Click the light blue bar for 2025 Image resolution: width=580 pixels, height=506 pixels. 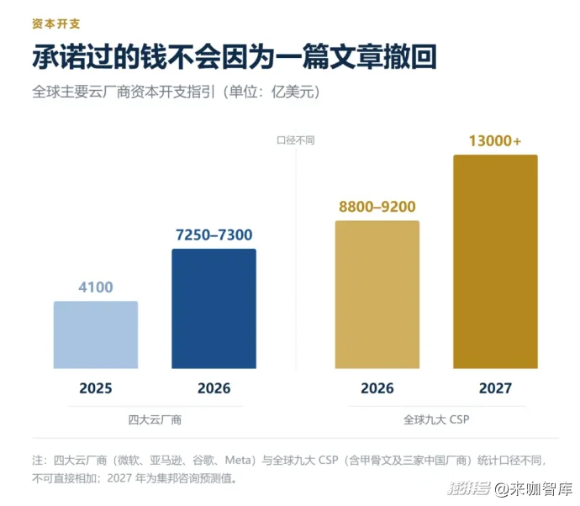[96, 335]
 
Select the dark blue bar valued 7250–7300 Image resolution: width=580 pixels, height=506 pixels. [214, 308]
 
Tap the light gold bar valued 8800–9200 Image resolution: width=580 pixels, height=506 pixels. [377, 294]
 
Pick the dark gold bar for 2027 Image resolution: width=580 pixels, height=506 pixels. [495, 261]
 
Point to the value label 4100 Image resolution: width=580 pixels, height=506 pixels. [96, 287]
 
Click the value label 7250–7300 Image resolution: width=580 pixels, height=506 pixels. [214, 235]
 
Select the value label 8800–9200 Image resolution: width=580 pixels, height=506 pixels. [377, 207]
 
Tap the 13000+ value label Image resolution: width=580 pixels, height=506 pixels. [495, 141]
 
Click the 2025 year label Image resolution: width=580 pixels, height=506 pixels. [96, 388]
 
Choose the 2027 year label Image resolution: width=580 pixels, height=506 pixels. [495, 388]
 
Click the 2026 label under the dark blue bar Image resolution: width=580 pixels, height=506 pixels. [214, 388]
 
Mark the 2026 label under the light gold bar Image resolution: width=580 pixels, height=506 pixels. [377, 388]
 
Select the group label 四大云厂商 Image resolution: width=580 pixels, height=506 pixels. [155, 419]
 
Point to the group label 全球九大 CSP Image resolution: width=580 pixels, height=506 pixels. [436, 419]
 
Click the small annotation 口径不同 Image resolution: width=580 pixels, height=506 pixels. [296, 140]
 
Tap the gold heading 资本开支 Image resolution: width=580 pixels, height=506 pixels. [55, 24]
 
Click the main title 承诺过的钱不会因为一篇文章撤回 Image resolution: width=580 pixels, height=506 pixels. [235, 56]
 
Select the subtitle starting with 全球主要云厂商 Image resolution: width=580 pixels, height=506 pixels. [176, 92]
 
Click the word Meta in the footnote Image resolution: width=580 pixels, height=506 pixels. [238, 460]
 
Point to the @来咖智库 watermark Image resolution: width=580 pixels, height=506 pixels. [534, 489]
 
